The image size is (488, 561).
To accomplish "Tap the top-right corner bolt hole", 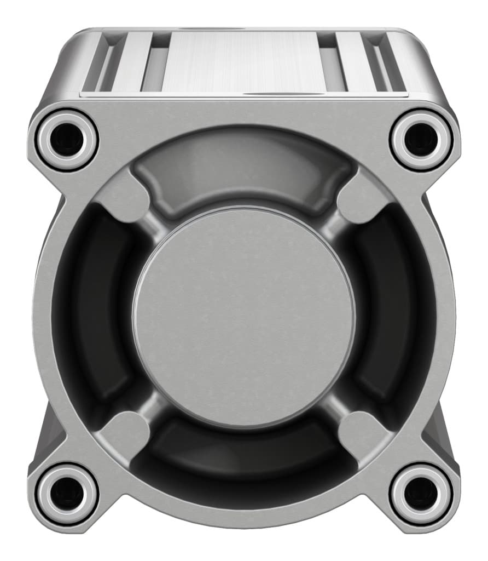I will (421, 139).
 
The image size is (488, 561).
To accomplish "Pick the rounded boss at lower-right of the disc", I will (358, 433).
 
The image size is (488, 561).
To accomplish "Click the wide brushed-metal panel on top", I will (243, 60).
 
